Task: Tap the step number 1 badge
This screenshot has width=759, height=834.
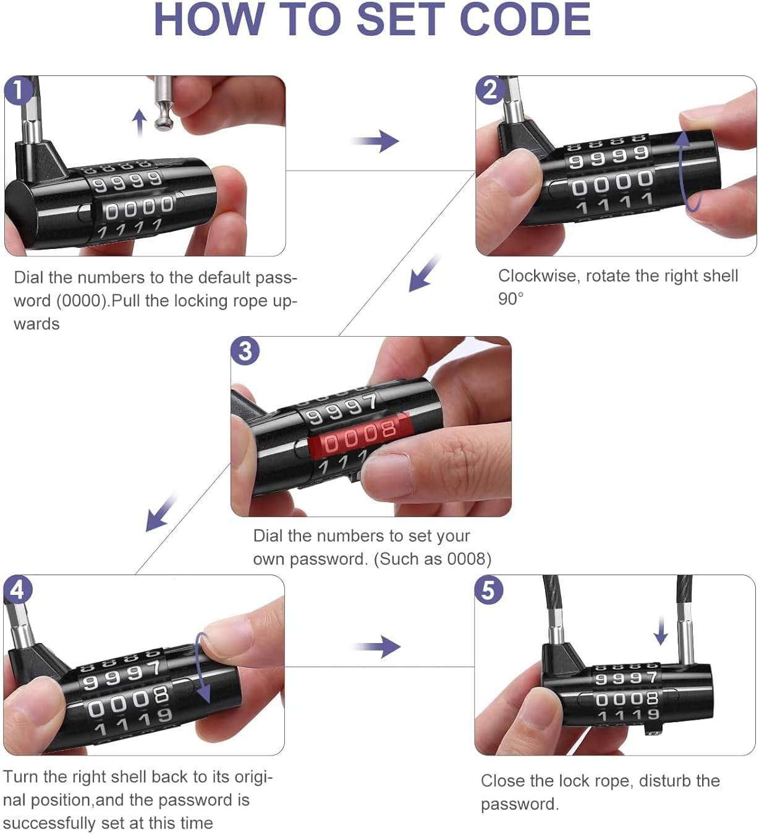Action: pyautogui.click(x=19, y=90)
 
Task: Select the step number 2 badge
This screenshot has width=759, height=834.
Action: pyautogui.click(x=490, y=90)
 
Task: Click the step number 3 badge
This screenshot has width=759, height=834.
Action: pyautogui.click(x=245, y=351)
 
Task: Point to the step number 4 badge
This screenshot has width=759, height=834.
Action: pyautogui.click(x=17, y=589)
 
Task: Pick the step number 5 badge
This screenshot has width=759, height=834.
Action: pyautogui.click(x=488, y=589)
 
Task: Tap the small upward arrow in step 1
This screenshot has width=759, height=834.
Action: pyautogui.click(x=140, y=122)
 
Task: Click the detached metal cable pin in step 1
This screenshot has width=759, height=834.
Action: pyautogui.click(x=164, y=103)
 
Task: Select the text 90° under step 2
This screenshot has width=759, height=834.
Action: pyautogui.click(x=511, y=299)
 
